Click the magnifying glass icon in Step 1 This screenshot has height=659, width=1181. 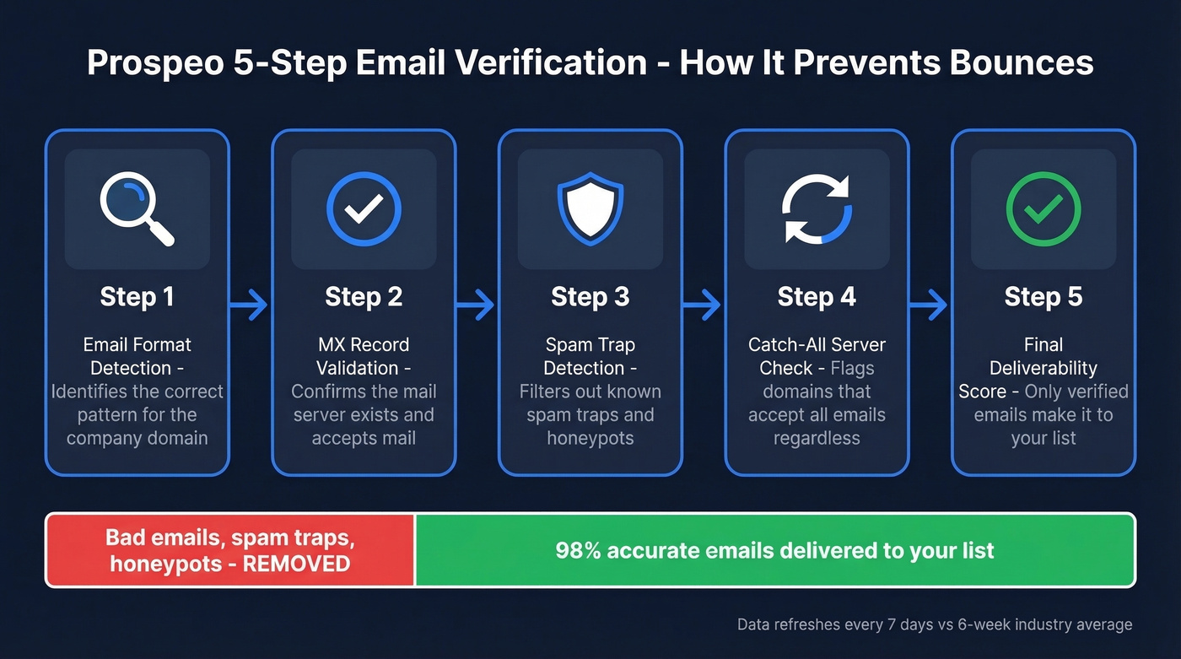point(136,209)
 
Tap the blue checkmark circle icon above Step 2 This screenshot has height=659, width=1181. point(364,209)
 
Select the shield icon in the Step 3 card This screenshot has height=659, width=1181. point(590,209)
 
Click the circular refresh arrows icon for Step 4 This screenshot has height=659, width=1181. point(817,209)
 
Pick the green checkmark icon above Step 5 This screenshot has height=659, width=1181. point(1043,209)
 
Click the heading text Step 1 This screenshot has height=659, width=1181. point(137,297)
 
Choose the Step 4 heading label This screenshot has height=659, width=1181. point(817,297)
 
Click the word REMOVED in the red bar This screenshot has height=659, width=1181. point(296,563)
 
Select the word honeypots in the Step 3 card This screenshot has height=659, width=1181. point(590,438)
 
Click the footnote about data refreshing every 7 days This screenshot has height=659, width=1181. point(935,625)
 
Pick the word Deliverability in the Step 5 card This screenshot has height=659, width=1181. point(1043,368)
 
